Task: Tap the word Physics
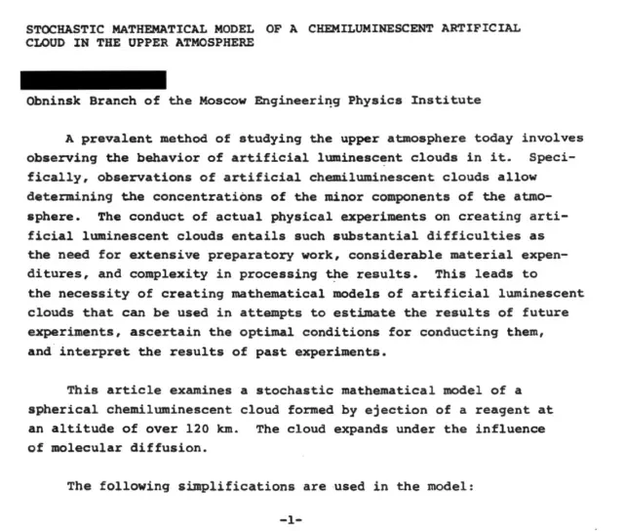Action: tap(387, 101)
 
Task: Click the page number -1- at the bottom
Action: tap(292, 519)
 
